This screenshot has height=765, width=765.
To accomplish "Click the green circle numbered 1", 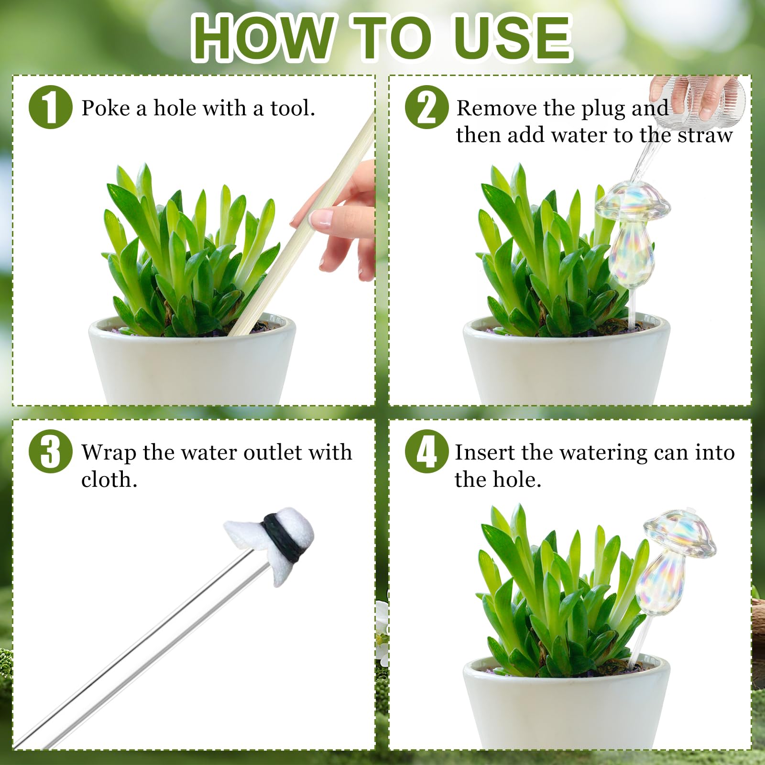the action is [x=51, y=107].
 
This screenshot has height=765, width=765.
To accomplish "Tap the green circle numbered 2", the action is [x=427, y=107].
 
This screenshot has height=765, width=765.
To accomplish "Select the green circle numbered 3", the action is [x=51, y=451].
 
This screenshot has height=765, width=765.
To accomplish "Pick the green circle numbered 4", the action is [x=427, y=451].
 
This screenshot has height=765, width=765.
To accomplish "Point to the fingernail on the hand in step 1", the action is [x=320, y=218].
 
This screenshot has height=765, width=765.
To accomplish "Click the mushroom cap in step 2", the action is [x=633, y=201].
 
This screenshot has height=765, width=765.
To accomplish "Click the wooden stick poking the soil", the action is [x=301, y=225].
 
